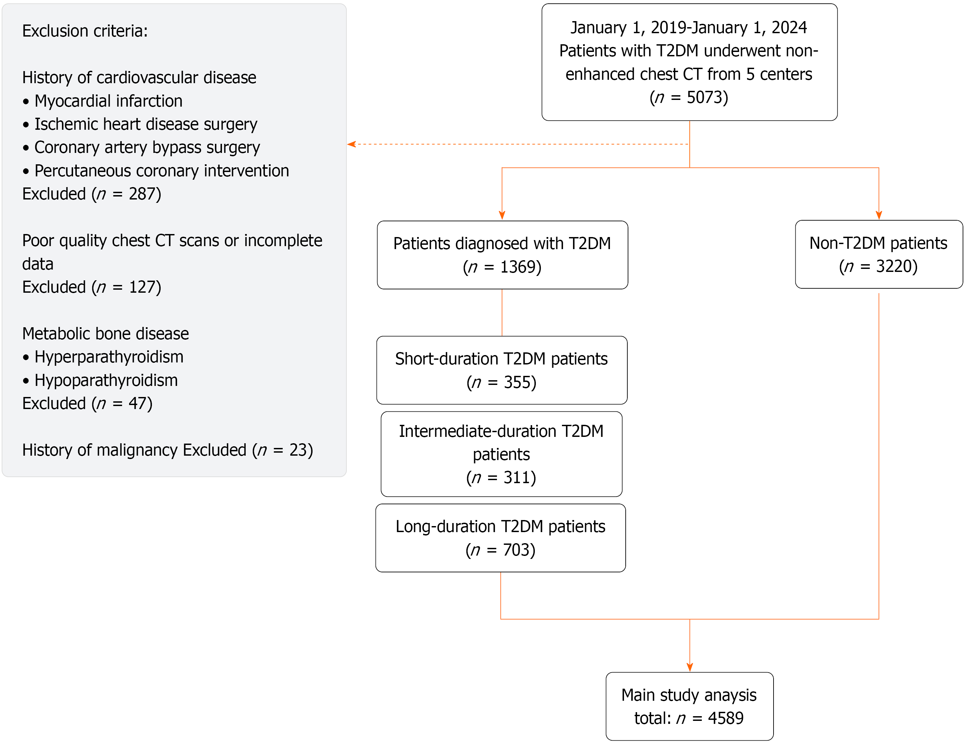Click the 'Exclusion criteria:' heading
pyautogui.click(x=85, y=31)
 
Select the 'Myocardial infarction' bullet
pyautogui.click(x=103, y=101)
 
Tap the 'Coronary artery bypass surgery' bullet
pyautogui.click(x=141, y=148)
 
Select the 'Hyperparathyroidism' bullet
pyautogui.click(x=103, y=357)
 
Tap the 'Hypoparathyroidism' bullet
pyautogui.click(x=100, y=381)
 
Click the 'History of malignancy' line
pyautogui.click(x=167, y=450)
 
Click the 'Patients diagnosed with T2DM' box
pyautogui.click(x=502, y=255)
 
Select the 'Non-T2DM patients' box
pyautogui.click(x=878, y=254)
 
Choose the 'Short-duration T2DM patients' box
pyautogui.click(x=502, y=370)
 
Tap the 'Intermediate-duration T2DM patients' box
pyautogui.click(x=502, y=454)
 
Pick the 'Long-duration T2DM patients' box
pyautogui.click(x=501, y=538)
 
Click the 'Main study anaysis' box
pyautogui.click(x=690, y=706)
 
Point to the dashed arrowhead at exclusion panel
pyautogui.click(x=351, y=144)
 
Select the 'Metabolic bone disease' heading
pyautogui.click(x=106, y=334)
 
